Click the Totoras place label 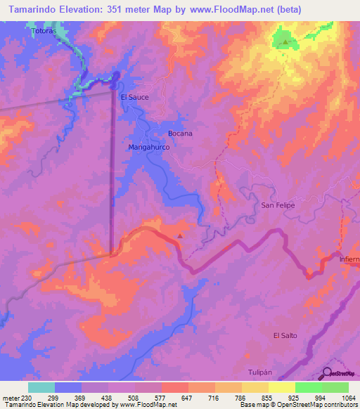click(42, 32)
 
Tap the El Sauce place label click(134, 97)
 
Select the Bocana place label click(180, 133)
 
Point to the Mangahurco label click(149, 148)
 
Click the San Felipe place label click(277, 205)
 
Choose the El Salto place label click(285, 335)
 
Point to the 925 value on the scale click(293, 398)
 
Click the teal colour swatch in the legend click(41, 387)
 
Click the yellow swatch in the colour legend click(282, 387)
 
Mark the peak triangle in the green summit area click(285, 43)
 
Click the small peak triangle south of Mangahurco click(181, 235)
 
